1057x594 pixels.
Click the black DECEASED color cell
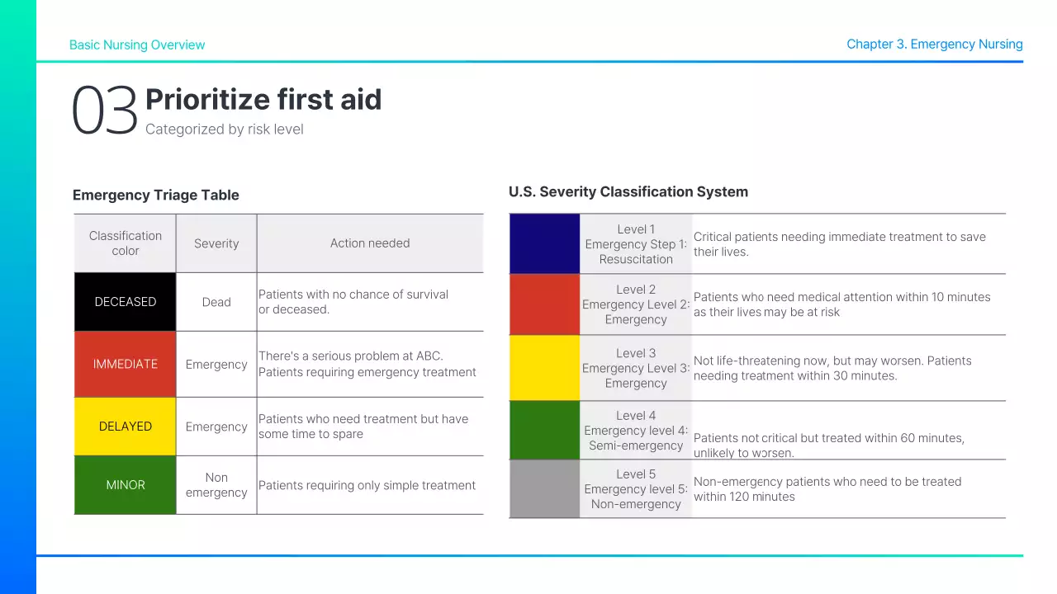click(126, 302)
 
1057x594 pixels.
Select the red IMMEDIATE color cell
click(126, 364)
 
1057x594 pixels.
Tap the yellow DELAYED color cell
click(126, 427)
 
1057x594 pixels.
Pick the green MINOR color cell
click(126, 485)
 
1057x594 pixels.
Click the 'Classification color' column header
click(126, 243)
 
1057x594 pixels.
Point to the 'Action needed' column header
click(370, 243)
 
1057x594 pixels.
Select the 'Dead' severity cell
click(216, 302)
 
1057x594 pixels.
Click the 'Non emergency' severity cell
click(216, 485)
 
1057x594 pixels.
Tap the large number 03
click(104, 111)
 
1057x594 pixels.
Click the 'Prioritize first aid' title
click(263, 100)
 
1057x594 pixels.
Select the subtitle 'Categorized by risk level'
click(225, 130)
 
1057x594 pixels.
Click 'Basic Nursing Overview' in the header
click(137, 45)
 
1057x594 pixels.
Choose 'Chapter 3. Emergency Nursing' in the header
click(934, 45)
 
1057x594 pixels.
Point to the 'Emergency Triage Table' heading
click(156, 196)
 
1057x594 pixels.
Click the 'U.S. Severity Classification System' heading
click(628, 192)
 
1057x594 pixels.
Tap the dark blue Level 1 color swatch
click(545, 244)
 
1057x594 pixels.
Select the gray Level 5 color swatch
click(545, 488)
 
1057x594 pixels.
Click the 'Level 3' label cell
click(636, 368)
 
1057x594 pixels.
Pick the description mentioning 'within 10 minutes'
click(841, 304)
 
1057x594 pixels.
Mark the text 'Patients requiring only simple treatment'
click(367, 485)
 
